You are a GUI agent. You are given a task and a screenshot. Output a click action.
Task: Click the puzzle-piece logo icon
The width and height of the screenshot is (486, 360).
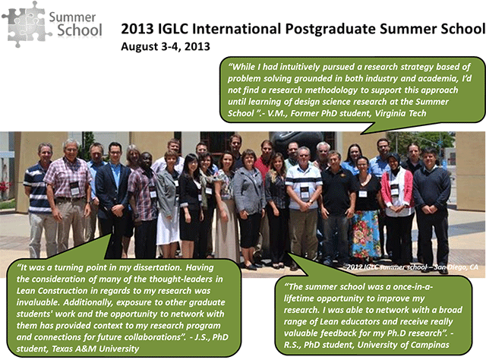tap(25, 24)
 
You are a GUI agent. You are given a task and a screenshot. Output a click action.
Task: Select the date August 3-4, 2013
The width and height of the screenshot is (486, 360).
tap(166, 47)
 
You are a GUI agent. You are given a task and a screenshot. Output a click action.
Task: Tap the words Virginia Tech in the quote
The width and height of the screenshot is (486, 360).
tap(400, 113)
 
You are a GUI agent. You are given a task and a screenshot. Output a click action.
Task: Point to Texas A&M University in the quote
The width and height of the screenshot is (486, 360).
tap(95, 349)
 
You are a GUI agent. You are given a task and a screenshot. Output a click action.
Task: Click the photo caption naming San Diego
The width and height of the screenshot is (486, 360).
tap(412, 267)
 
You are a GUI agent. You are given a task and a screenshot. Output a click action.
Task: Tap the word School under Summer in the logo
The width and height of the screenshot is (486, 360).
tap(80, 30)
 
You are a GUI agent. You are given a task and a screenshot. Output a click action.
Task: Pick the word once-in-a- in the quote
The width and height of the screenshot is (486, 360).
tap(412, 287)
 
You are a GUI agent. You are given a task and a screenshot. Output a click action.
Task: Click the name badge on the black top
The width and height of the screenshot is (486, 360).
tap(363, 194)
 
